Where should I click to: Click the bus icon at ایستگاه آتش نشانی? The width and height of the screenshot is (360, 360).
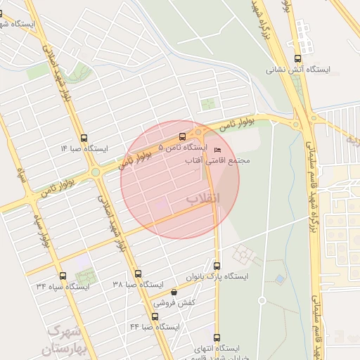point(297,59)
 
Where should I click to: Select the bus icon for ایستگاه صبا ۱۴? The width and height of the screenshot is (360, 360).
point(84,138)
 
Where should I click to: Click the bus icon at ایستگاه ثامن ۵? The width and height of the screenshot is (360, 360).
point(183,137)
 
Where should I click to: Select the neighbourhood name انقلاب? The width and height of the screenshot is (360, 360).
point(203,199)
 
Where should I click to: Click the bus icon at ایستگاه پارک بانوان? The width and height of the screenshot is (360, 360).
point(217,266)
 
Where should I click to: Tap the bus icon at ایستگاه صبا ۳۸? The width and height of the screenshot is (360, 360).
point(138,274)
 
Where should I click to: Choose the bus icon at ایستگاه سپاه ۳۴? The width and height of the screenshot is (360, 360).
point(63,275)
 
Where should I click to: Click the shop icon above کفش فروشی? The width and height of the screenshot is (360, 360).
point(174,292)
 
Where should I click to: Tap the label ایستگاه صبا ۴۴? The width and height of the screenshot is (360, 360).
point(155,328)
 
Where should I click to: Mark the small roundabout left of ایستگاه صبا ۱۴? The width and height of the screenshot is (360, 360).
point(95,172)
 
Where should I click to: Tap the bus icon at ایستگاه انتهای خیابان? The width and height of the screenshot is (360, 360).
point(217,338)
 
